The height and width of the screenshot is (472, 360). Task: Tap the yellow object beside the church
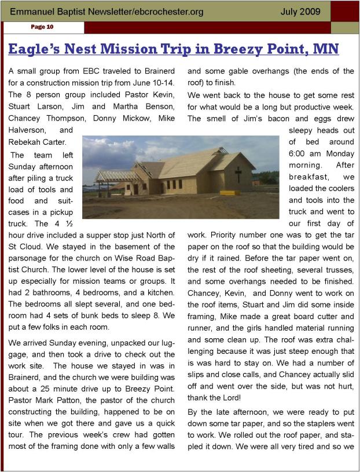(229, 192)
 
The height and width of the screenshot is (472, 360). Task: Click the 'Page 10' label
(42, 27)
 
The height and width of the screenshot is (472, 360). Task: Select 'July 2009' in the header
(300, 11)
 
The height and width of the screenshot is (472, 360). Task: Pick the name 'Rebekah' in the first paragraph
(25, 142)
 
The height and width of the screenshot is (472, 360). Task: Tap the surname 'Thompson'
(67, 118)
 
